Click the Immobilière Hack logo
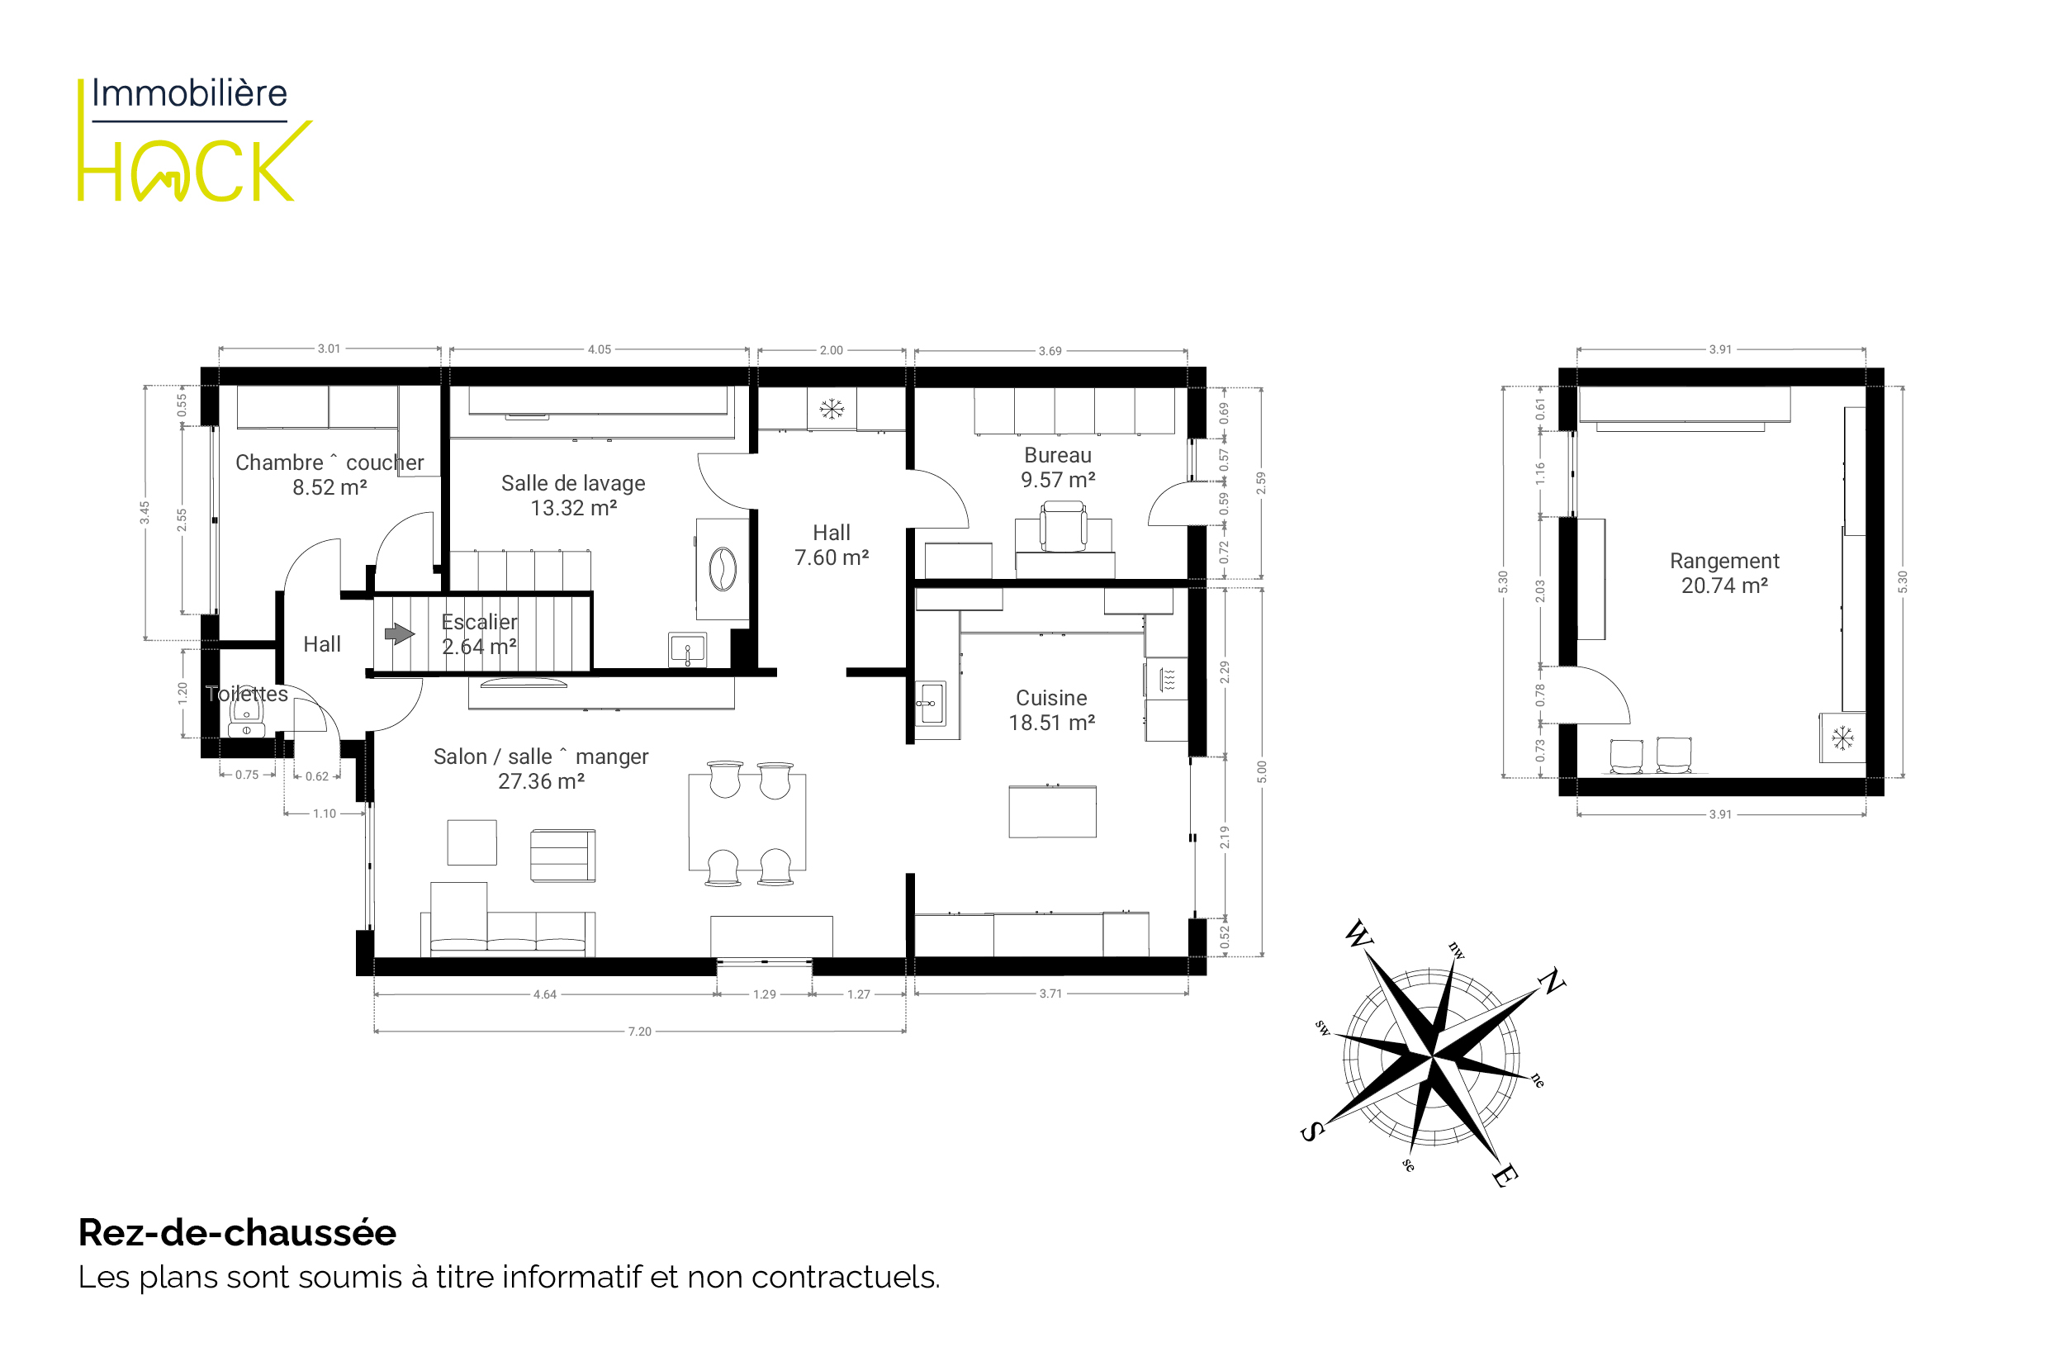pyautogui.click(x=194, y=140)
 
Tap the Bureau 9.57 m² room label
pyautogui.click(x=1058, y=467)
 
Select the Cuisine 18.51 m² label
pyautogui.click(x=1051, y=710)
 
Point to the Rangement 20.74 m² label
pyautogui.click(x=1724, y=573)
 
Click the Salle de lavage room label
pyautogui.click(x=573, y=496)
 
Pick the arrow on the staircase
pyautogui.click(x=400, y=633)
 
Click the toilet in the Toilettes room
pyautogui.click(x=247, y=719)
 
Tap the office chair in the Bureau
pyautogui.click(x=1064, y=526)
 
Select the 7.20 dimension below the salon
pyautogui.click(x=639, y=1032)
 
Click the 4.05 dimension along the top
pyautogui.click(x=600, y=349)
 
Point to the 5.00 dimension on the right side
pyautogui.click(x=1261, y=772)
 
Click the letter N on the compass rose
pyautogui.click(x=1552, y=982)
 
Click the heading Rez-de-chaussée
pyautogui.click(x=237, y=1233)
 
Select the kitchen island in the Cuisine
pyautogui.click(x=1052, y=811)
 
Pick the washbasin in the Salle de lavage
pyautogui.click(x=687, y=650)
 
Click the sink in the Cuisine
pyautogui.click(x=931, y=703)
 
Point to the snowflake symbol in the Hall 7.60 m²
pyautogui.click(x=832, y=409)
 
